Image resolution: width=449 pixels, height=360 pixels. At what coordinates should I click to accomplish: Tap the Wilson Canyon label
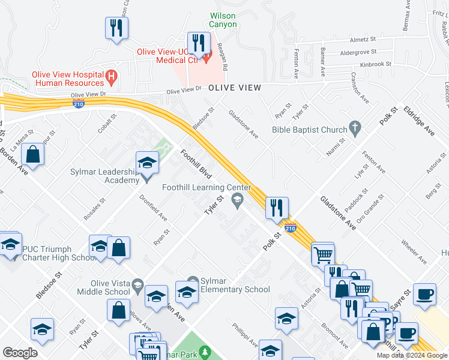coord(223,20)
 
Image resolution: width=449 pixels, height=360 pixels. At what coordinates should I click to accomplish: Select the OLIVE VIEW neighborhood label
coord(235,88)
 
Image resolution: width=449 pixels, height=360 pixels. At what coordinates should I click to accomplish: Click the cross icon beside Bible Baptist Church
coord(355,129)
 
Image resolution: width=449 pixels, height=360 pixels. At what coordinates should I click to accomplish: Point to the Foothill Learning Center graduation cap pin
coord(238,200)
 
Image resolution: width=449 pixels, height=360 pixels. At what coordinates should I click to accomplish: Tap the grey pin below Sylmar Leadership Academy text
coord(147,178)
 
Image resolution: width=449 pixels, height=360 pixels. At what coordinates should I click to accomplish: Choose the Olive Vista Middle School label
coord(103,287)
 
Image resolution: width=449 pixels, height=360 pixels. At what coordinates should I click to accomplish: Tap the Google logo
coord(20,353)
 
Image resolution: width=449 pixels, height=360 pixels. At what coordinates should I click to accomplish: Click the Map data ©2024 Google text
coord(411,355)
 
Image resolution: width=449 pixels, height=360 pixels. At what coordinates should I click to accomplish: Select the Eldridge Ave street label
coord(419,121)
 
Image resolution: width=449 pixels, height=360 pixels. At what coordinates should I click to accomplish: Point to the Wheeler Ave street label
coord(414,252)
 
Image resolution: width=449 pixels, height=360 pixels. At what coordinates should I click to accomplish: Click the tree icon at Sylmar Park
coord(205,350)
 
